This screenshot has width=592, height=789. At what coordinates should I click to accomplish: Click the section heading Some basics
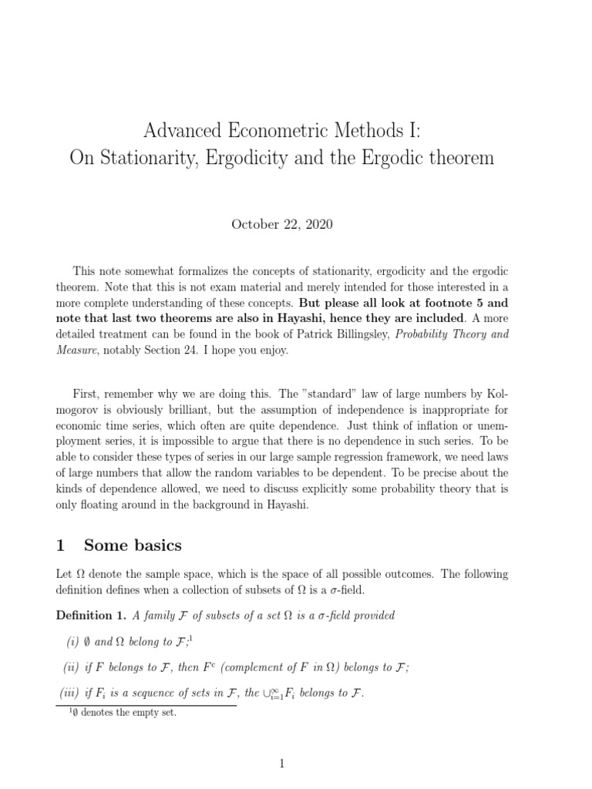tap(133, 546)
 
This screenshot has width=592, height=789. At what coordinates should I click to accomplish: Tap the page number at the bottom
tap(283, 764)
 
